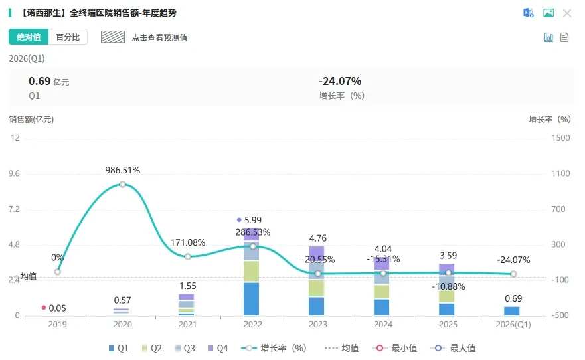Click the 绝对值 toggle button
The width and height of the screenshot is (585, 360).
click(x=29, y=37)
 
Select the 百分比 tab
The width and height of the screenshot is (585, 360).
click(x=68, y=37)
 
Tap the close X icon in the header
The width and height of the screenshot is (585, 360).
click(x=567, y=13)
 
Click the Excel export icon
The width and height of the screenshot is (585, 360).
click(x=529, y=13)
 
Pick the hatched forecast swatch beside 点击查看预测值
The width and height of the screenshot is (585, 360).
click(x=113, y=37)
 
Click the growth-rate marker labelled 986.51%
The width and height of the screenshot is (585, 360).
click(x=123, y=184)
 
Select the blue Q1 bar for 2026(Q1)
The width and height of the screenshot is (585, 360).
click(x=512, y=311)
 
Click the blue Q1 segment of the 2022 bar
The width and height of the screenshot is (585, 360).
click(x=252, y=299)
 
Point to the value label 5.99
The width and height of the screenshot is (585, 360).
click(x=253, y=220)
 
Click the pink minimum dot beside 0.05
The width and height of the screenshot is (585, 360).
click(x=44, y=308)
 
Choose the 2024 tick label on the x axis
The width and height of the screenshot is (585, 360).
click(x=383, y=325)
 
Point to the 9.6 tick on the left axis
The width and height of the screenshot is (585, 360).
click(x=14, y=173)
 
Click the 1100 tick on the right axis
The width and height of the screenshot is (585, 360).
click(x=560, y=173)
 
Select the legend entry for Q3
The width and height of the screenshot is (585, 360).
click(x=185, y=348)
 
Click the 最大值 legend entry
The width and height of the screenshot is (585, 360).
click(x=454, y=348)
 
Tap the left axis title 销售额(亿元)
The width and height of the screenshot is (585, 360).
click(x=31, y=120)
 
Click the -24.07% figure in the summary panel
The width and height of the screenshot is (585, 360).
click(x=340, y=81)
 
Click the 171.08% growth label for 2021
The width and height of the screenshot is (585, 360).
click(x=188, y=243)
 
